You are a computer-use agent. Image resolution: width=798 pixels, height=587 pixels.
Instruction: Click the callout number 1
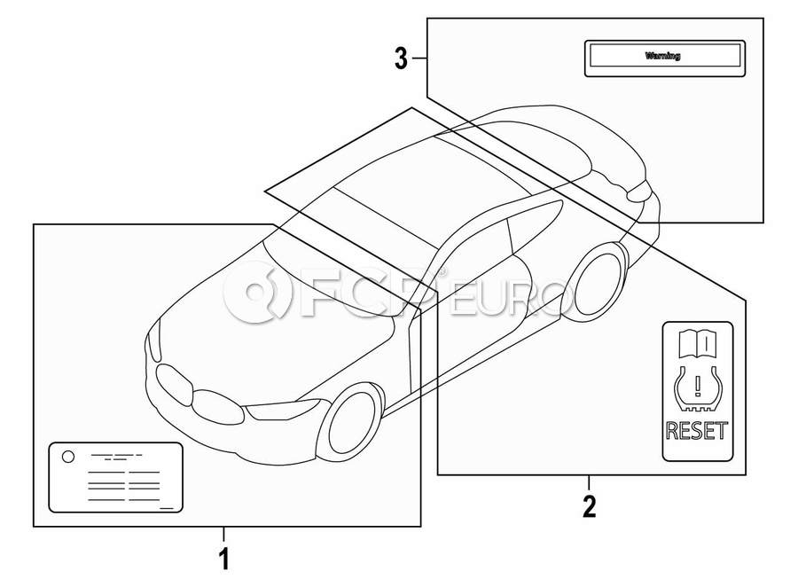224,559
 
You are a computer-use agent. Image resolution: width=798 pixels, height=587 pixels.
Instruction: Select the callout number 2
589,506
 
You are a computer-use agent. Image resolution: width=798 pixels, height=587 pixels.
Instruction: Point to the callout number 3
402,59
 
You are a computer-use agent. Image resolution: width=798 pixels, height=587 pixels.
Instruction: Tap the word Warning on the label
662,56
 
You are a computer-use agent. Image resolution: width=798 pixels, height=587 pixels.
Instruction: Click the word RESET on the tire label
697,431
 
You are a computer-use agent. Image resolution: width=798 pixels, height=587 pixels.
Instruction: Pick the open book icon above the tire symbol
698,343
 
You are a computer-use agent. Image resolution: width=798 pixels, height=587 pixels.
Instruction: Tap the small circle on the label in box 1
67,456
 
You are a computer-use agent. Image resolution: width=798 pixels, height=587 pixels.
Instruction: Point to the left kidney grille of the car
175,384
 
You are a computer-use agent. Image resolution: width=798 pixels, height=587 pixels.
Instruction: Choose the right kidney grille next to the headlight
219,407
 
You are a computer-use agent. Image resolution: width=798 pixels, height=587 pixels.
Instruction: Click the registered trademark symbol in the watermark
442,271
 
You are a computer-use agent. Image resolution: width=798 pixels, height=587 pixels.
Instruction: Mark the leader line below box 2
589,482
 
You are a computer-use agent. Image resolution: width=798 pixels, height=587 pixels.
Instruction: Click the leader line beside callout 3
419,59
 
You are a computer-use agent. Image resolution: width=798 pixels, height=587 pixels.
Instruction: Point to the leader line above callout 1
223,534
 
